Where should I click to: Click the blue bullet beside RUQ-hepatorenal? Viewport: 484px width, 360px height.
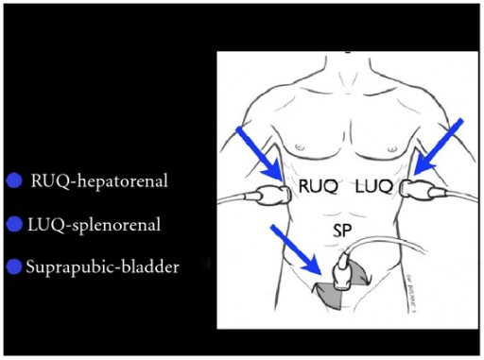(x=14, y=180)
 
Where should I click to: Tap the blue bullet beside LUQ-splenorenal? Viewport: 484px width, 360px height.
(x=14, y=224)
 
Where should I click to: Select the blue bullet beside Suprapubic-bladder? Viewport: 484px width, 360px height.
(x=14, y=267)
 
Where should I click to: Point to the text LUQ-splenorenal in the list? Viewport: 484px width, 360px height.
(x=95, y=224)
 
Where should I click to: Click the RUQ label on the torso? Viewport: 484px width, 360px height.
(x=318, y=187)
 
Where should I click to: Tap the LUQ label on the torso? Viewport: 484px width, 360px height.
(x=372, y=187)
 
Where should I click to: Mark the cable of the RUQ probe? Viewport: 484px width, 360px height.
(x=238, y=199)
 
